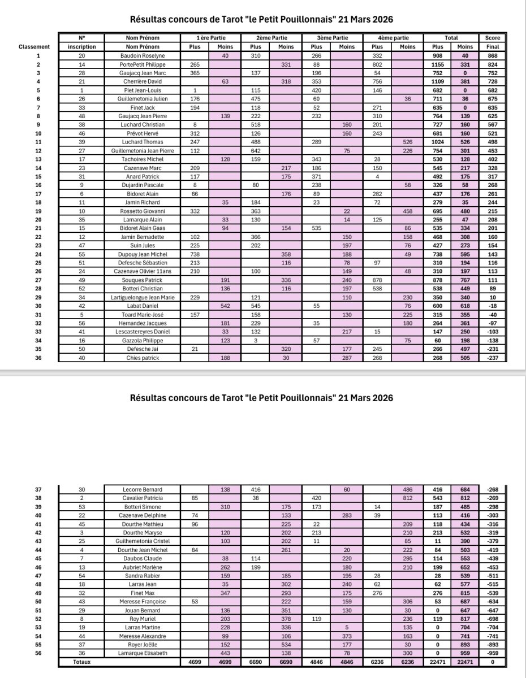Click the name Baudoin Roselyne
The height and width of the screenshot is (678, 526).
tap(143, 55)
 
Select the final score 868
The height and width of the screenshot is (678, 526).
tap(492, 55)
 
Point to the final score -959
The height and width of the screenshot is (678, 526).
tap(492, 652)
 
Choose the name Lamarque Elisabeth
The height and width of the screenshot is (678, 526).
tap(143, 652)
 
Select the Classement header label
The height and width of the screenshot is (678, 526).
tap(34, 46)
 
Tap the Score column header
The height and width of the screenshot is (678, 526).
tap(492, 37)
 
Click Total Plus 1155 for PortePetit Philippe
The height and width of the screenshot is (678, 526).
tap(437, 64)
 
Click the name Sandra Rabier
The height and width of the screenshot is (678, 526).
tap(143, 574)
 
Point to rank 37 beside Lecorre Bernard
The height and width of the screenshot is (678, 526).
tap(38, 489)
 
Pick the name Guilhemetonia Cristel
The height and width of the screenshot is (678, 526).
tap(143, 541)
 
